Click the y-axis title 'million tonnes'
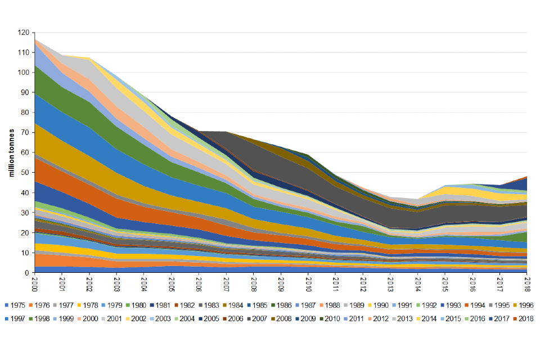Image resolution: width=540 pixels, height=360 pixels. (11, 152)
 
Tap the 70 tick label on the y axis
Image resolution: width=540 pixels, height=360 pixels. (24, 133)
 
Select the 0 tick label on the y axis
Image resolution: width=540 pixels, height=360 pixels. (26, 273)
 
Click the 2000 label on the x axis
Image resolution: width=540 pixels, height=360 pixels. (34, 282)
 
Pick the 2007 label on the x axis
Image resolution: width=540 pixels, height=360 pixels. (226, 282)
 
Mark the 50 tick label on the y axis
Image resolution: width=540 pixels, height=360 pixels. (24, 173)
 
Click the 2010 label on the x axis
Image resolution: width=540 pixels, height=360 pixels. (308, 282)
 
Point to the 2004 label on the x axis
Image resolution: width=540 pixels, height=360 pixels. (144, 282)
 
